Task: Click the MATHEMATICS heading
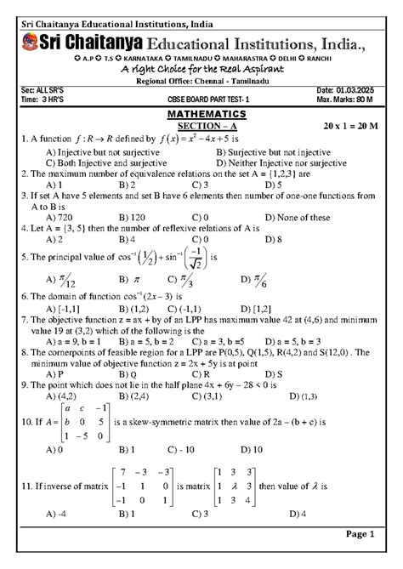pyautogui.click(x=201, y=113)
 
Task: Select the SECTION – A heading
pyautogui.click(x=201, y=125)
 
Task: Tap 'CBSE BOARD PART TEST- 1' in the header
pyautogui.click(x=201, y=100)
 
